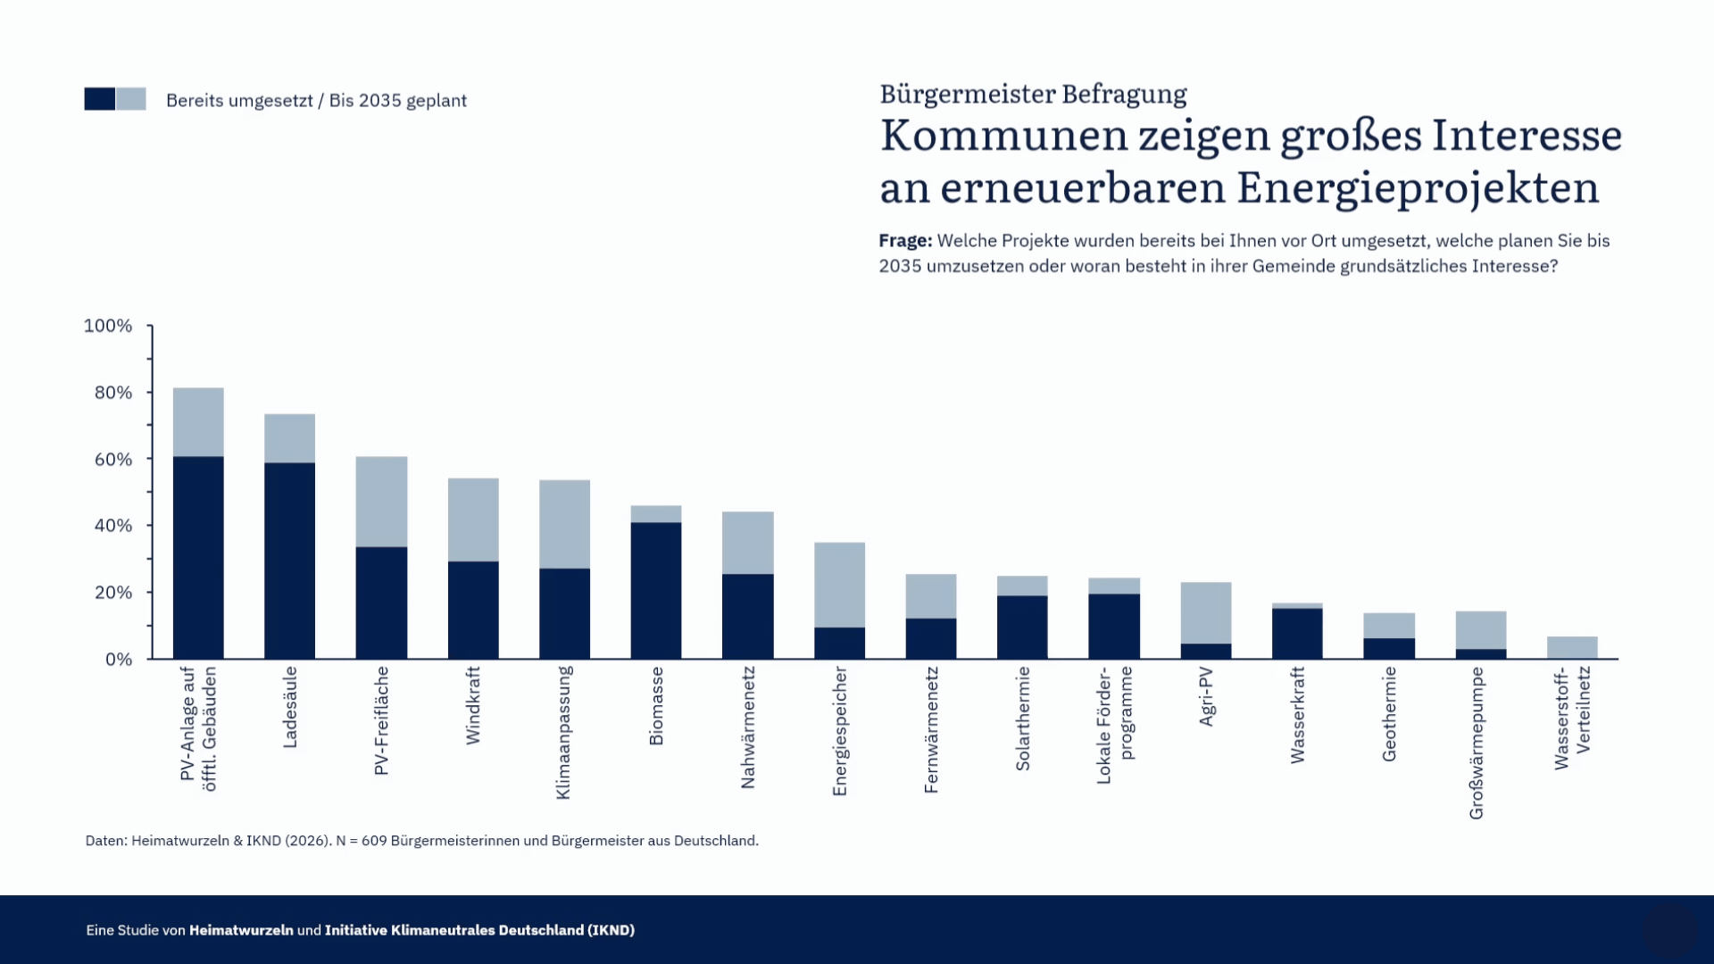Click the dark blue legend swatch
click(x=100, y=99)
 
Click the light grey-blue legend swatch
click(x=131, y=99)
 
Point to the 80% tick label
click(x=113, y=393)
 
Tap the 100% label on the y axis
click(x=108, y=326)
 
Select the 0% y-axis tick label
click(x=119, y=660)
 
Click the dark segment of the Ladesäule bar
click(x=289, y=561)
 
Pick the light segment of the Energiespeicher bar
click(x=839, y=585)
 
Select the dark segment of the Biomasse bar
click(x=656, y=590)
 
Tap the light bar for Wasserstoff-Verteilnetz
click(x=1572, y=647)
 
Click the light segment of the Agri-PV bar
click(x=1206, y=613)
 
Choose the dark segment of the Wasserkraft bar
click(x=1297, y=633)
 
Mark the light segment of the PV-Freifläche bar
click(x=381, y=502)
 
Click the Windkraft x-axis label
click(x=473, y=705)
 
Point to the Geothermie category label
click(x=1389, y=714)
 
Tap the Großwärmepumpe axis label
click(x=1477, y=743)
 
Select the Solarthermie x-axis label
click(x=1023, y=719)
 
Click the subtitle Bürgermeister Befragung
click(x=1033, y=94)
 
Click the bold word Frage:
click(x=905, y=241)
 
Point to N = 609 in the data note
click(x=362, y=841)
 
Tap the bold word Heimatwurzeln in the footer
click(x=241, y=930)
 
